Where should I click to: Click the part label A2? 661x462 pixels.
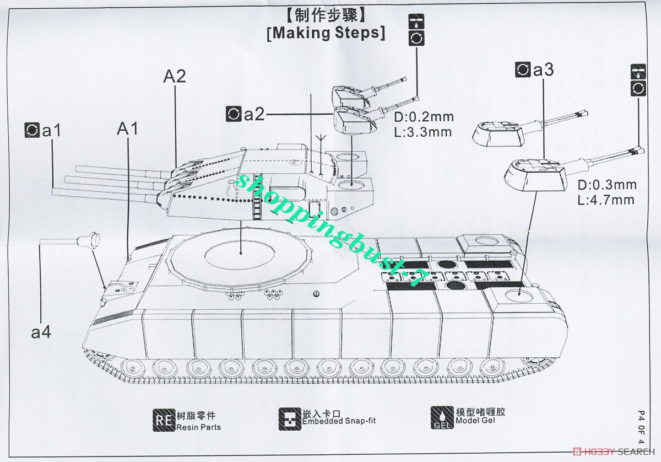(175, 76)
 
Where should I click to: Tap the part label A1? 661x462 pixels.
(127, 129)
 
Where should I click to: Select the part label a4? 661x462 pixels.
(41, 332)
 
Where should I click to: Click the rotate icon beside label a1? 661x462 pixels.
(32, 130)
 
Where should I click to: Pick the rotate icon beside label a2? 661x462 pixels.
(234, 114)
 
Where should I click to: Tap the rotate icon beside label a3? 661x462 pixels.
(523, 69)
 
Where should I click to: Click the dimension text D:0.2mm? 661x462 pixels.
(424, 117)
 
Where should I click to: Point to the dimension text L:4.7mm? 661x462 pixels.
(606, 200)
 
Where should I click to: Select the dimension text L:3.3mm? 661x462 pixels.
(423, 132)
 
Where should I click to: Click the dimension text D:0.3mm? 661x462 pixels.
(607, 185)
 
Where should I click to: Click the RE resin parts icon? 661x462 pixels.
(164, 420)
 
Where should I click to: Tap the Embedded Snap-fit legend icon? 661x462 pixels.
(290, 419)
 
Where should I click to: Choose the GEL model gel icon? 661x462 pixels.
(442, 418)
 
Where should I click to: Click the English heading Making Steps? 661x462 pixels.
(326, 33)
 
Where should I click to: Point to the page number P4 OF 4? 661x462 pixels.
(641, 427)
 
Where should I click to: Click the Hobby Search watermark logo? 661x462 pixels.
(614, 452)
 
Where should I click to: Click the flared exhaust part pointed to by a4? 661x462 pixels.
(88, 240)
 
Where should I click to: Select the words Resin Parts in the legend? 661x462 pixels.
(199, 427)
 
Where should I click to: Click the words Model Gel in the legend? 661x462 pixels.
(475, 420)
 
